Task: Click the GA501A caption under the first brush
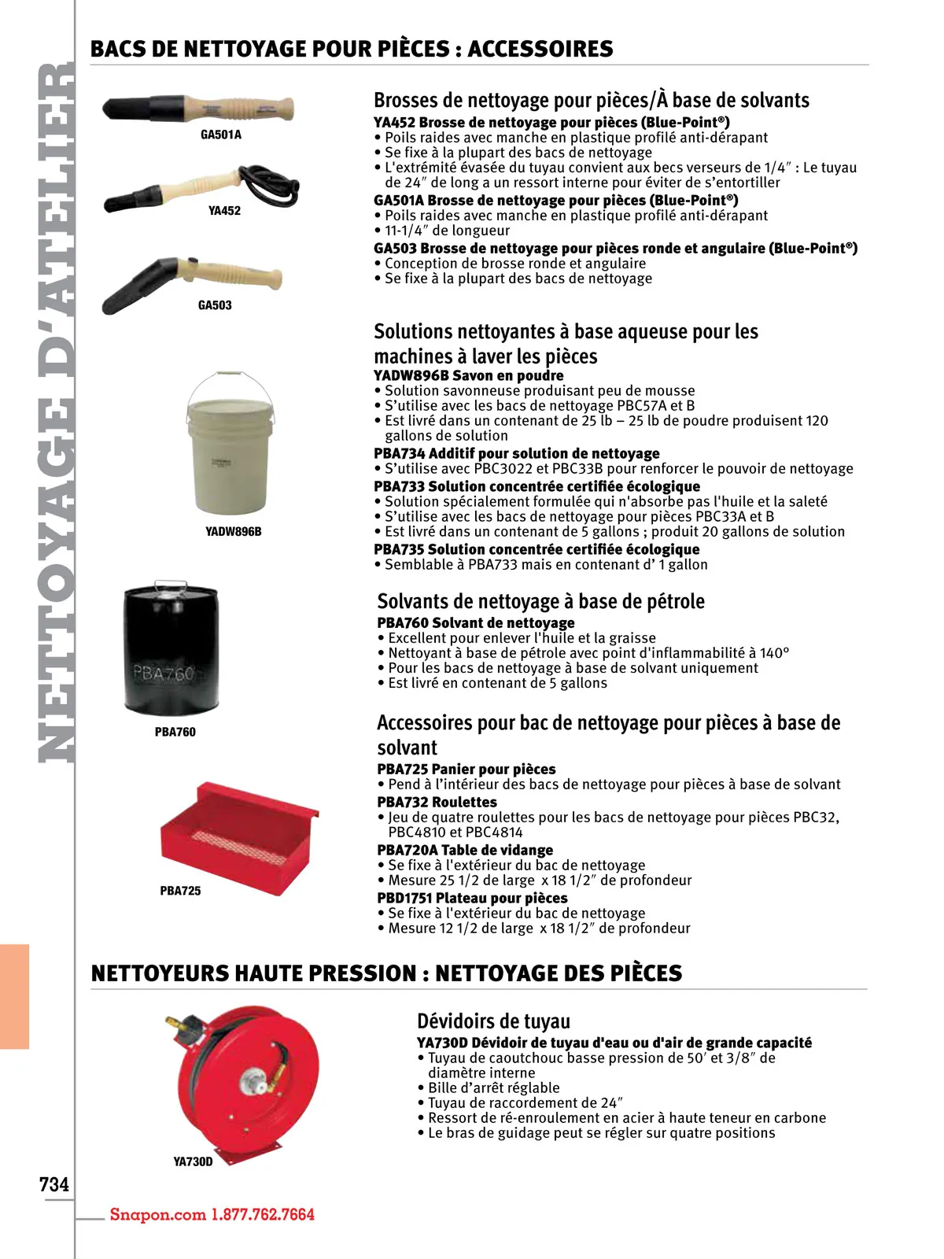[221, 135]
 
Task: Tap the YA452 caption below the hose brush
[224, 211]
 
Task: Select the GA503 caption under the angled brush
[215, 305]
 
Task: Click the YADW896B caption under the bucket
[233, 532]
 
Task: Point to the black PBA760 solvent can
[170, 648]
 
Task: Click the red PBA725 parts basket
[238, 835]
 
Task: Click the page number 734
[54, 1184]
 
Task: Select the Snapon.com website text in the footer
[157, 1214]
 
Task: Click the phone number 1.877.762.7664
[263, 1214]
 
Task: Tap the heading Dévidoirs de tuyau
[493, 1021]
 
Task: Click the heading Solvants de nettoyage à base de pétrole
[540, 601]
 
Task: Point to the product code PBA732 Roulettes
[437, 802]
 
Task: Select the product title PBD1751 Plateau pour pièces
[472, 898]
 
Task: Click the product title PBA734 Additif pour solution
[516, 453]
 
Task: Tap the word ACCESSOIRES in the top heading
[540, 49]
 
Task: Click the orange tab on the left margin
[14, 996]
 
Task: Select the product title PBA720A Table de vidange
[465, 850]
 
